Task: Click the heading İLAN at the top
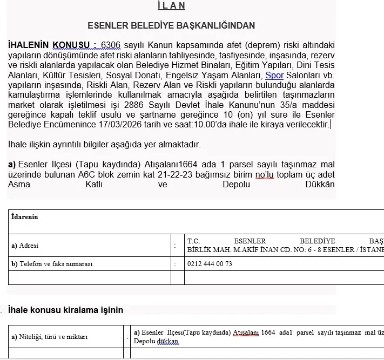coord(171,6)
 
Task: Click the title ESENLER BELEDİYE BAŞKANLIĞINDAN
coord(171,25)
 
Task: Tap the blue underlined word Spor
coord(274,76)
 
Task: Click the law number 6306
coord(111,45)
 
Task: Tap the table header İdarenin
coord(25,217)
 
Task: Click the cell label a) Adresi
coord(25,246)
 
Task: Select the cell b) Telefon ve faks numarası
coord(52,264)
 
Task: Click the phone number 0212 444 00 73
coord(210,264)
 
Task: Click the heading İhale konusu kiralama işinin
coord(65,310)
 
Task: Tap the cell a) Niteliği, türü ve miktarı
coord(49,337)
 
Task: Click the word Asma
coord(19,185)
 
